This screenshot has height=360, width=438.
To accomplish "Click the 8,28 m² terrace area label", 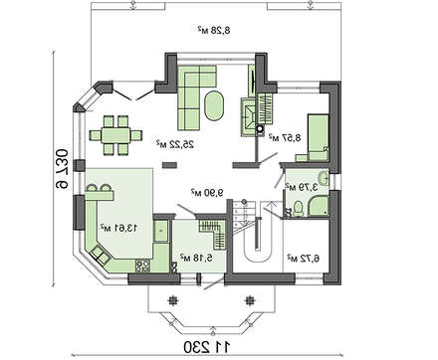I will coord(212,32).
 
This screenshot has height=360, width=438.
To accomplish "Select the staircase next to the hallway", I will coord(254,236).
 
